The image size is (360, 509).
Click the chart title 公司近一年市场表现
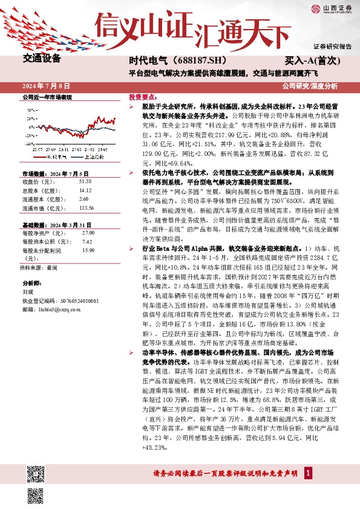(x=47, y=97)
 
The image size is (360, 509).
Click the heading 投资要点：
(x=143, y=97)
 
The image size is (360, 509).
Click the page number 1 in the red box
(x=309, y=473)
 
